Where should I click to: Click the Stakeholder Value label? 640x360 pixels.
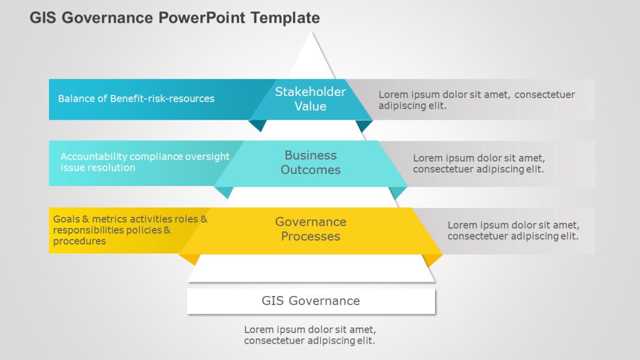point(310,99)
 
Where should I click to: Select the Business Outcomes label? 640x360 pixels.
point(310,163)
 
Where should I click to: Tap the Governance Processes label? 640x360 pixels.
point(310,229)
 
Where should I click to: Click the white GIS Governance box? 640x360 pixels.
point(311,301)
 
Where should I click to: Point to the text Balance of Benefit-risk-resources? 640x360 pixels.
point(136,99)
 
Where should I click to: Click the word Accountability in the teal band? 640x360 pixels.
point(93,157)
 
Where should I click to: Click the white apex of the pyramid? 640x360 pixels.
point(312,54)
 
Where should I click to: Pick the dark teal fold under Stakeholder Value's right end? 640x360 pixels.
point(363,125)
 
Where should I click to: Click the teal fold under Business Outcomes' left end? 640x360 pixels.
point(224,191)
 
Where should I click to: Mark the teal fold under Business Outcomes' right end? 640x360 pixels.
point(398,191)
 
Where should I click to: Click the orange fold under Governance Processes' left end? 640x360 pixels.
point(190,258)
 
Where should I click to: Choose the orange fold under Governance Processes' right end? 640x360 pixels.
point(432,259)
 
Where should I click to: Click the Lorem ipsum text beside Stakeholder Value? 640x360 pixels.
point(476,100)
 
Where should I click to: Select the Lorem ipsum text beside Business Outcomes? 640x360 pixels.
point(478,164)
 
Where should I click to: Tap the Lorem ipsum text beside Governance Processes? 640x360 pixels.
point(513,230)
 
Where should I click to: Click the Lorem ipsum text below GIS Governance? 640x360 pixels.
point(310,335)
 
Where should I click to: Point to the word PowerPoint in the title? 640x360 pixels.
point(203,18)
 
